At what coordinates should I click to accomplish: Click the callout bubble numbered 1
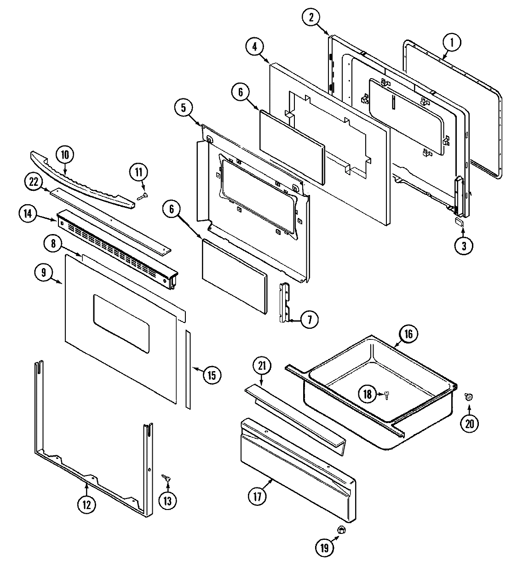coord(452,43)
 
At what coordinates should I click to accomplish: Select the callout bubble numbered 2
coord(311,17)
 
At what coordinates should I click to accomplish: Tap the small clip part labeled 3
coord(459,222)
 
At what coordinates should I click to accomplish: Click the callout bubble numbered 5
coord(183,109)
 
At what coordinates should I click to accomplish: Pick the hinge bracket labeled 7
coord(285,304)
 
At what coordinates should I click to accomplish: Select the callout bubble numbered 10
coord(65,155)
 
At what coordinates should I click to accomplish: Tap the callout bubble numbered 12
coord(86,504)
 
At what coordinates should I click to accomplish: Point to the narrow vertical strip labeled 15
coord(188,368)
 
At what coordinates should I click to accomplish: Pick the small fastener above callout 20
coord(468,396)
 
